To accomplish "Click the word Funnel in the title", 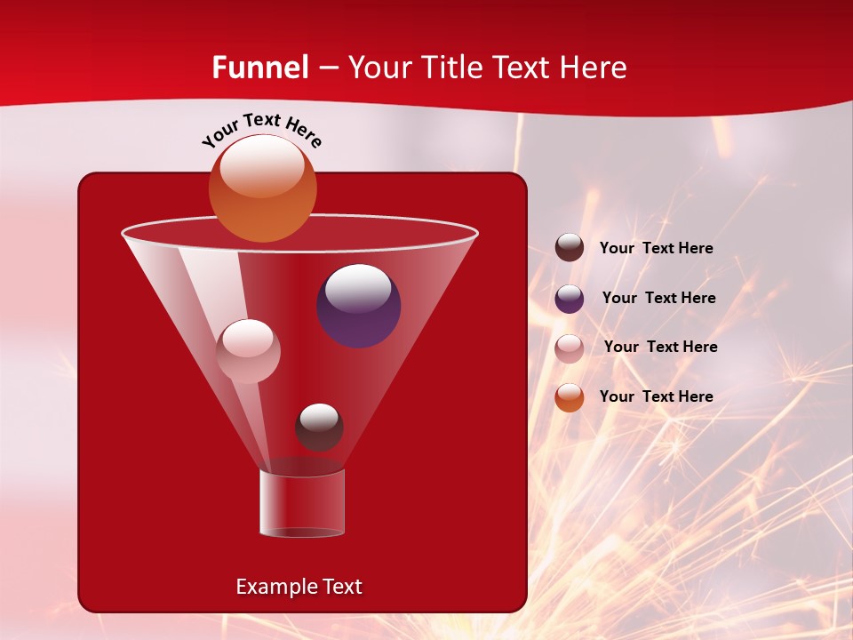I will pyautogui.click(x=259, y=68).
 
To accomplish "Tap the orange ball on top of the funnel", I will pyautogui.click(x=262, y=188).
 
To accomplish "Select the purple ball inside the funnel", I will pyautogui.click(x=359, y=306).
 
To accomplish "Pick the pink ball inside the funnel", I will pyautogui.click(x=248, y=351).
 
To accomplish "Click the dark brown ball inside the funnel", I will pyautogui.click(x=319, y=427).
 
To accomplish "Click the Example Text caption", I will pyautogui.click(x=299, y=587).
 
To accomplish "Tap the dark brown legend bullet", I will pyautogui.click(x=570, y=248).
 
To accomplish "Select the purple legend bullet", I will pyautogui.click(x=570, y=299).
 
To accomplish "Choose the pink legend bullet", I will pyautogui.click(x=570, y=348).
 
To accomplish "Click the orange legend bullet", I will pyautogui.click(x=570, y=397).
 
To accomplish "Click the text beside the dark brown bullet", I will pyautogui.click(x=656, y=249).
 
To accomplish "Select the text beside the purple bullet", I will pyautogui.click(x=658, y=299).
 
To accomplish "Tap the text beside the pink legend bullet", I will pyautogui.click(x=660, y=348).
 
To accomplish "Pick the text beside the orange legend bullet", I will pyautogui.click(x=656, y=396).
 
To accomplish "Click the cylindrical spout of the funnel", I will pyautogui.click(x=302, y=503).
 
